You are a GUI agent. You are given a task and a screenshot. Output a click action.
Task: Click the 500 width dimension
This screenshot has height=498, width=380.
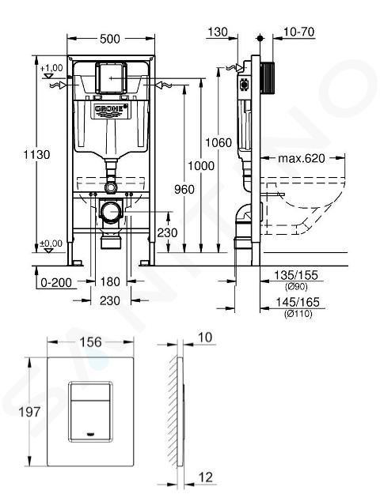click(x=110, y=39)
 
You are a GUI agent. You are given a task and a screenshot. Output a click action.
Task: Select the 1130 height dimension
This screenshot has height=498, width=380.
click(x=36, y=155)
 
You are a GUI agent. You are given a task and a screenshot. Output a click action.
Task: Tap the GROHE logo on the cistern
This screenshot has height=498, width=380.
click(x=111, y=109)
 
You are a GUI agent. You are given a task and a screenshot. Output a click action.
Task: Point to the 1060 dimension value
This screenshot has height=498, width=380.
click(x=218, y=142)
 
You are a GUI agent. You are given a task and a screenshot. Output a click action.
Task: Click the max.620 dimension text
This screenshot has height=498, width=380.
click(x=302, y=158)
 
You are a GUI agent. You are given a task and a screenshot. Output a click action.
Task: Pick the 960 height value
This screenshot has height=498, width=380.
click(x=184, y=190)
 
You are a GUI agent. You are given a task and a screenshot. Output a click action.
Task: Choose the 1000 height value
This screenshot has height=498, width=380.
click(x=201, y=166)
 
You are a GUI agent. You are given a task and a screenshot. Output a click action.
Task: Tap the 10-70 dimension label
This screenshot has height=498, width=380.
click(x=298, y=32)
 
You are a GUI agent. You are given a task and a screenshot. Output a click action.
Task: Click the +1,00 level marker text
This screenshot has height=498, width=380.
click(x=51, y=68)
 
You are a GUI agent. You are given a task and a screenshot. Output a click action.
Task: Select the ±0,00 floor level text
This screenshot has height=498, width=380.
click(x=51, y=243)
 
